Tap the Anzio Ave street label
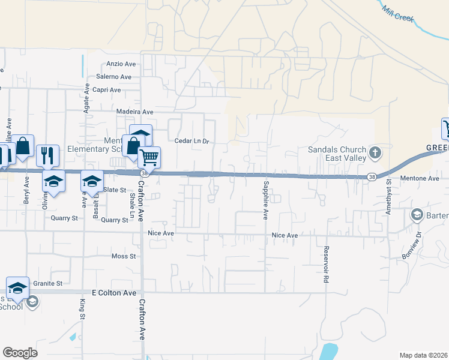tap(122, 64)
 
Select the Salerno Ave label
tap(113, 77)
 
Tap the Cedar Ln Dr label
tap(191, 142)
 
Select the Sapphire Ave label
tap(264, 199)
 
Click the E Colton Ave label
tap(115, 293)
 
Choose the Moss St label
tap(124, 256)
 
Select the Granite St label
tap(47, 283)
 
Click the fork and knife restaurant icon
tap(47, 155)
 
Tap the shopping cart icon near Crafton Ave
tap(149, 158)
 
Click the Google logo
tap(20, 352)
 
